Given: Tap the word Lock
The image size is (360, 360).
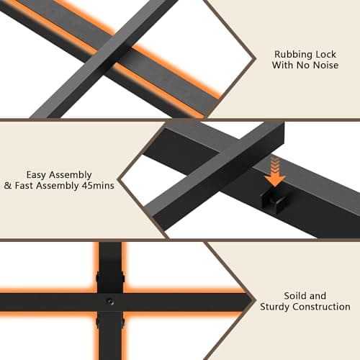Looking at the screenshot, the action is click(x=325, y=54).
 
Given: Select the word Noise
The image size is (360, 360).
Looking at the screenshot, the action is click(x=326, y=65).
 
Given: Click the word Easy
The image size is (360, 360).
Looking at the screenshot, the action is click(x=36, y=176).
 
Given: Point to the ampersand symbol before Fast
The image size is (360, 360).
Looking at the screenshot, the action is click(x=8, y=186).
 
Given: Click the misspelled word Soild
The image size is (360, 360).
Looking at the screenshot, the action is click(x=294, y=296).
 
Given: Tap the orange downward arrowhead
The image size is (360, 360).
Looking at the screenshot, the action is click(x=275, y=180).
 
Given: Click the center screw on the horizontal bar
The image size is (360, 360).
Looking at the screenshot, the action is click(x=109, y=301).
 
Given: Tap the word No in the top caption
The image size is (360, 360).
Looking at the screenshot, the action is click(x=303, y=65).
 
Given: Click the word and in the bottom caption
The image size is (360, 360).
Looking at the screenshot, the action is click(x=317, y=296).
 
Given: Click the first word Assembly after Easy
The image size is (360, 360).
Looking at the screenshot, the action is click(x=71, y=176).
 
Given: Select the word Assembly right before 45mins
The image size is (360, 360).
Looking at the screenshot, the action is click(x=58, y=186).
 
